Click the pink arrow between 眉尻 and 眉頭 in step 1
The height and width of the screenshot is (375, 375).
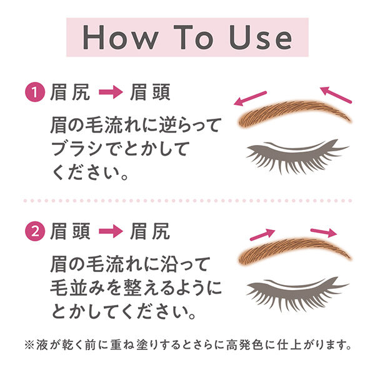(x=113, y=94)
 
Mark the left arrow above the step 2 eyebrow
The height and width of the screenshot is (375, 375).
(x=262, y=234)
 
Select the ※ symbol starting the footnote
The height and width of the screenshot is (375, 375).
(x=29, y=344)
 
